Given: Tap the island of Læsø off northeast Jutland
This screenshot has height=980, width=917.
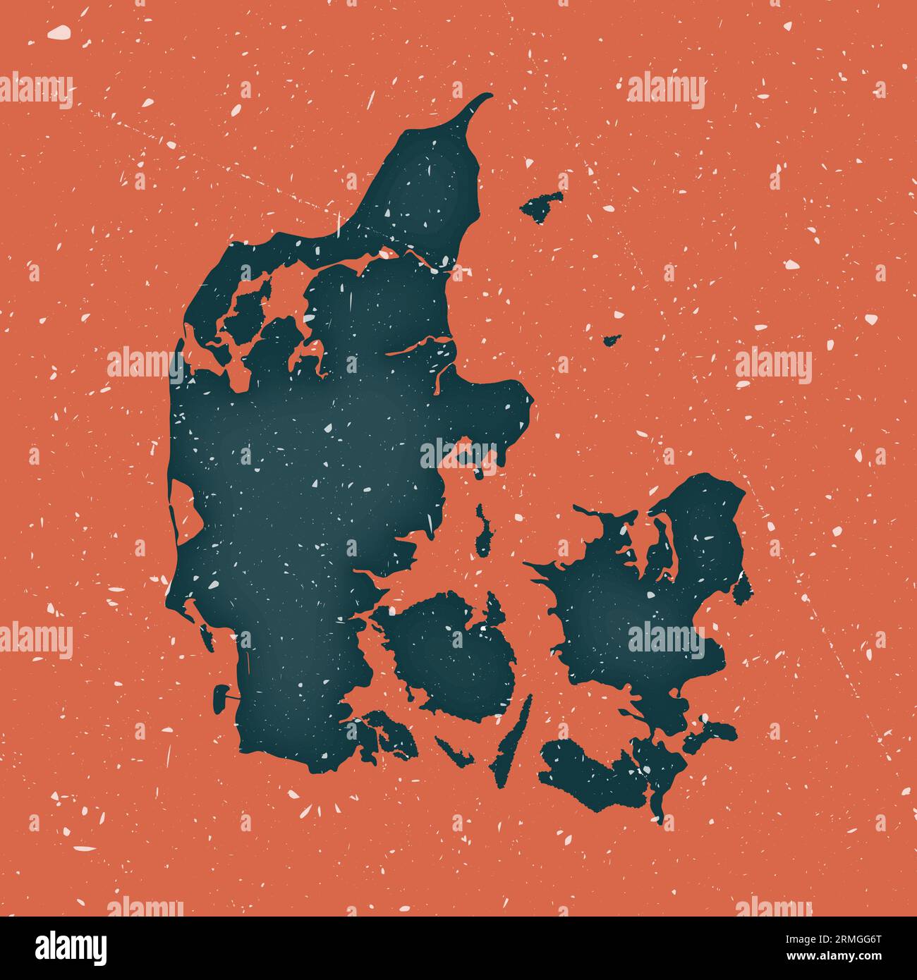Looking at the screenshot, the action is pyautogui.click(x=542, y=205).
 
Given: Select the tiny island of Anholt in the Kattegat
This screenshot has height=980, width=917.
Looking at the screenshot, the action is pyautogui.click(x=611, y=341).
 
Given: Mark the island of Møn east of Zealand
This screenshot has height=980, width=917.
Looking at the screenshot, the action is pyautogui.click(x=712, y=733).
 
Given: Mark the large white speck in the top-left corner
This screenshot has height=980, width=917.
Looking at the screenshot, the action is pyautogui.click(x=59, y=32).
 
